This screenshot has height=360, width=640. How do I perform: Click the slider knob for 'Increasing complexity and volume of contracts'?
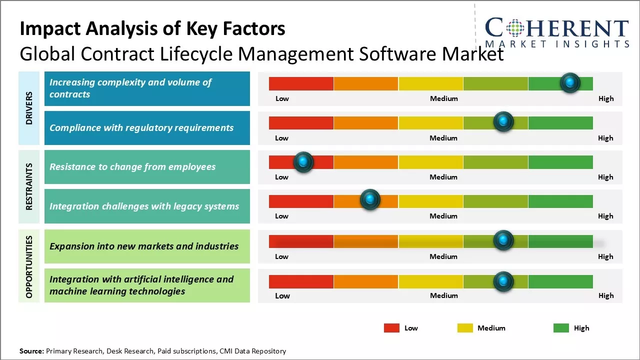coord(570,82)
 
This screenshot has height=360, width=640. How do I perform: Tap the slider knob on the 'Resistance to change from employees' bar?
coord(303,162)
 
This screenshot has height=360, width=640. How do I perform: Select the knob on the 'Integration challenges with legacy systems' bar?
coord(370,200)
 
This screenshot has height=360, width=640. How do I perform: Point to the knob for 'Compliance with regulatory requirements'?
coord(503,121)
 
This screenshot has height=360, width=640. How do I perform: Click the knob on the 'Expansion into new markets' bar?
coord(503,240)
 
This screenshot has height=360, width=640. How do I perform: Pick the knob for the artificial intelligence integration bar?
coord(503,281)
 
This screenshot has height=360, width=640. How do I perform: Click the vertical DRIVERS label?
coord(29,108)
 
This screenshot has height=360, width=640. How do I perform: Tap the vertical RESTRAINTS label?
coord(29,186)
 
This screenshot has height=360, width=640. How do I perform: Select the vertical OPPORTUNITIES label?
coord(29,266)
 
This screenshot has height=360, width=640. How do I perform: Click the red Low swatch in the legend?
coord(391,328)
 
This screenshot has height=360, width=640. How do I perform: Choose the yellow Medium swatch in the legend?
coord(465,328)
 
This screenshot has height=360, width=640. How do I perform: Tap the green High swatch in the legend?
coord(561,328)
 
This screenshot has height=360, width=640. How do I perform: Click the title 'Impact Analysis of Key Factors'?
coord(152,28)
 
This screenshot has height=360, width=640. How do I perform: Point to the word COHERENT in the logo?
coord(557,28)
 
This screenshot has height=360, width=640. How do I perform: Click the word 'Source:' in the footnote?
coord(31,351)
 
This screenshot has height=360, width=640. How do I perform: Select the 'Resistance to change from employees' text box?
coord(147,167)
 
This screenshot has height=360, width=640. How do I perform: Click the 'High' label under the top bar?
coord(606,98)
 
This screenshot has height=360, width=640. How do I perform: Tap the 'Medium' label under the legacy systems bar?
coord(443,216)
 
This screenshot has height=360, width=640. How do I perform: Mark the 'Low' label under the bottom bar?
coord(282,295)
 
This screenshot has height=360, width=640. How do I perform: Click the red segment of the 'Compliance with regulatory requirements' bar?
coord(301,123)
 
